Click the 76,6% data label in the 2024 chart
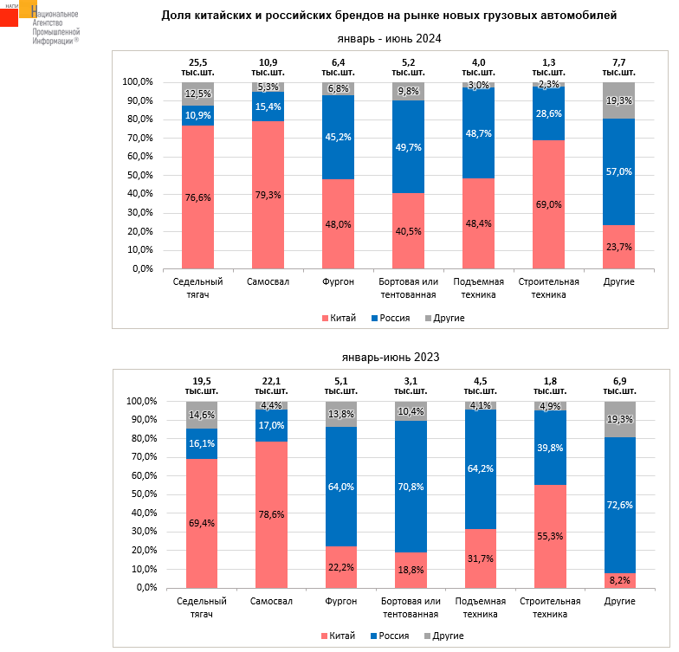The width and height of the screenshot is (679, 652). point(198,197)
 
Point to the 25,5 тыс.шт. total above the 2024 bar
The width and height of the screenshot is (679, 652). point(198,68)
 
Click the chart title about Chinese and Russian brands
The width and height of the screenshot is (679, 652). point(389,16)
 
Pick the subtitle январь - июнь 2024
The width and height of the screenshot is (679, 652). point(389,38)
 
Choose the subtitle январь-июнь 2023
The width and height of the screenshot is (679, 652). point(389,356)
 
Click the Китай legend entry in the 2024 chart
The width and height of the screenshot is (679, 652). point(337,318)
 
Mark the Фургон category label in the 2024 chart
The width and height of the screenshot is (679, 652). point(339,282)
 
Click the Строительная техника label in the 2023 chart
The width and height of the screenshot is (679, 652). point(549,607)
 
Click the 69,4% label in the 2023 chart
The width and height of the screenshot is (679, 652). point(202,523)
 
